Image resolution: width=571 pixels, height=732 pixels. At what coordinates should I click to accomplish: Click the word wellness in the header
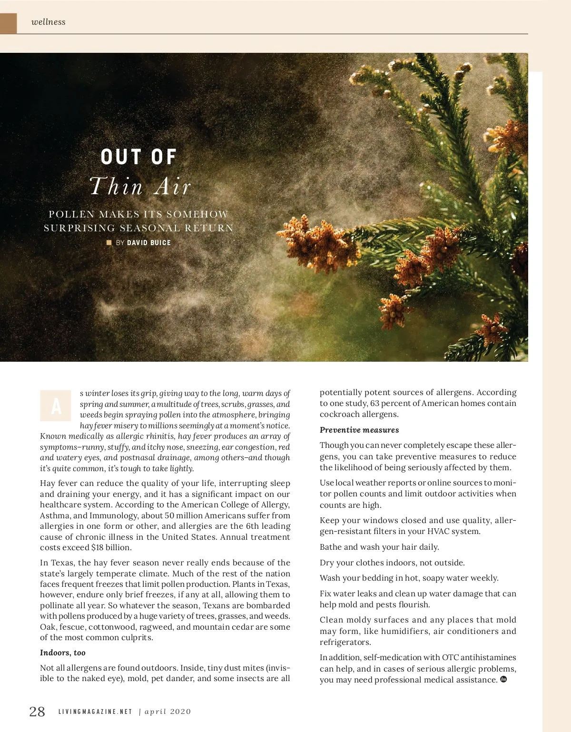(x=48, y=22)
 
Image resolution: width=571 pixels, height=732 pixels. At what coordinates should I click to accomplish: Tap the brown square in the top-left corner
(x=8, y=23)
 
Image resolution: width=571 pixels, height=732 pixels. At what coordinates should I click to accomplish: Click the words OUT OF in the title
(x=139, y=157)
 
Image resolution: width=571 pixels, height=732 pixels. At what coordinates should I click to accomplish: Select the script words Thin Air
(x=140, y=186)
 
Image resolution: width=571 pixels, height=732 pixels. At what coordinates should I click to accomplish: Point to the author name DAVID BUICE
(x=149, y=243)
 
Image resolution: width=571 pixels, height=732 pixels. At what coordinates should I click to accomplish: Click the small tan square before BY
(x=109, y=243)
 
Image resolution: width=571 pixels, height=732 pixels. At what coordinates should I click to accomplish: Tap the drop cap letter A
(x=56, y=406)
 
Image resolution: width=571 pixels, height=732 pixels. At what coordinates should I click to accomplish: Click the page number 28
(x=37, y=712)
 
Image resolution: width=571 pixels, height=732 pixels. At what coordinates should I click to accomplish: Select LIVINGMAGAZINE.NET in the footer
(x=95, y=712)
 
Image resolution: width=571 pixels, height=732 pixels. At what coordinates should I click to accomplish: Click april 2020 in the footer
(x=167, y=712)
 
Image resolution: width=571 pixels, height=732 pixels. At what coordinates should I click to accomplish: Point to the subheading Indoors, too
(x=63, y=653)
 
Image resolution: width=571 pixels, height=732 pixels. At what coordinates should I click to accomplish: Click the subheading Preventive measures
(x=359, y=430)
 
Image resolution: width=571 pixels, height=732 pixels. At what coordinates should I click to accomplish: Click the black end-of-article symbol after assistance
(x=504, y=680)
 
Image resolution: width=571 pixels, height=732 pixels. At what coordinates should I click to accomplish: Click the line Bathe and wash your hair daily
(x=379, y=547)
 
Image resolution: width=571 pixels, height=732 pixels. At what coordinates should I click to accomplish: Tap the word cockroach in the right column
(x=339, y=415)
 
